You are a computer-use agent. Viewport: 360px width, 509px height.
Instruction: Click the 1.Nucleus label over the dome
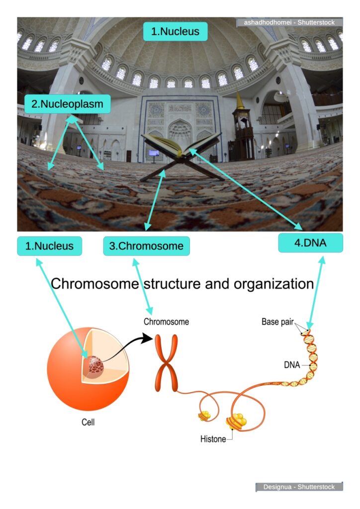point(175,31)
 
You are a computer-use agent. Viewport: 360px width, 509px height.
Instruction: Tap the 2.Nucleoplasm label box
point(67,105)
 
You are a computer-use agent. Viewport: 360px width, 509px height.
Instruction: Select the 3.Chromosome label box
point(146,246)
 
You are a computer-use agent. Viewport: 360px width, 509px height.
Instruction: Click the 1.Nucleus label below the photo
point(49,246)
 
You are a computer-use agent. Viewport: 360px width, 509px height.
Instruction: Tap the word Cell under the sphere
point(88,423)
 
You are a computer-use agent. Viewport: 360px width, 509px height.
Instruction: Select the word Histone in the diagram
point(213,439)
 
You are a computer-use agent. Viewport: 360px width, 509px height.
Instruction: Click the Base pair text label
point(277,322)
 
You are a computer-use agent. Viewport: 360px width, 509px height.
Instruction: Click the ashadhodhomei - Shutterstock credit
point(289,22)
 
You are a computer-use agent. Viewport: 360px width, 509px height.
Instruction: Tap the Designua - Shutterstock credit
point(299,487)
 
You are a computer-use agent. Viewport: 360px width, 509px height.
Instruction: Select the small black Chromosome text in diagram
point(166,322)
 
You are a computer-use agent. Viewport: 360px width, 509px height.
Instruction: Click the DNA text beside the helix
point(292,365)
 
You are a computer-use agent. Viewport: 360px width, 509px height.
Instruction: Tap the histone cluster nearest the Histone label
point(236,422)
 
